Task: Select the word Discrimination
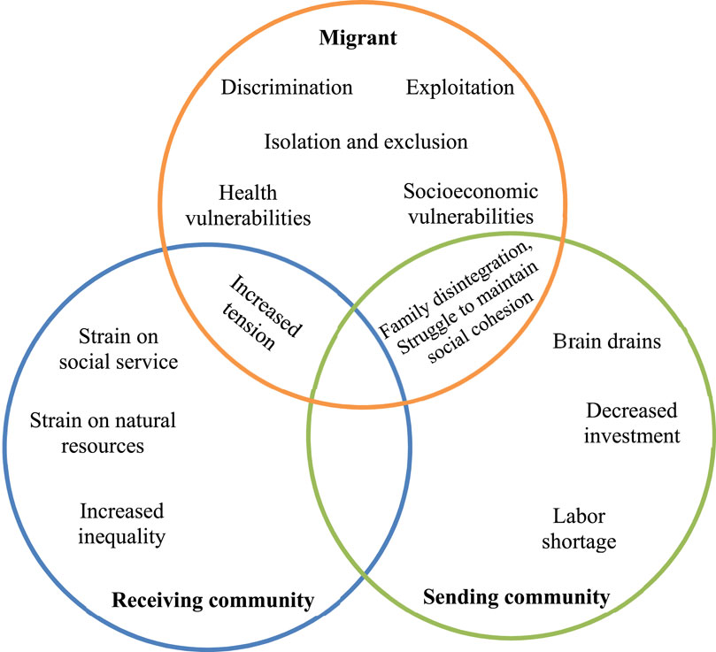pos(287,88)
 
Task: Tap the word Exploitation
pos(459,88)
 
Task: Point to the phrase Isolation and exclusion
pos(366,142)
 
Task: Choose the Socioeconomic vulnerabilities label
pos(469,203)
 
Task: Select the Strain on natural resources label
pos(103,433)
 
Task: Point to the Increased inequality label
pos(122,524)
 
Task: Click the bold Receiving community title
pos(212,602)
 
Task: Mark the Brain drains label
pos(606,341)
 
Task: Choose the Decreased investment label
pos(632,423)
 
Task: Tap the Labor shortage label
pos(584,528)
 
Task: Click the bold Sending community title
pos(516,597)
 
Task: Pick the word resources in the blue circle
pos(103,445)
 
